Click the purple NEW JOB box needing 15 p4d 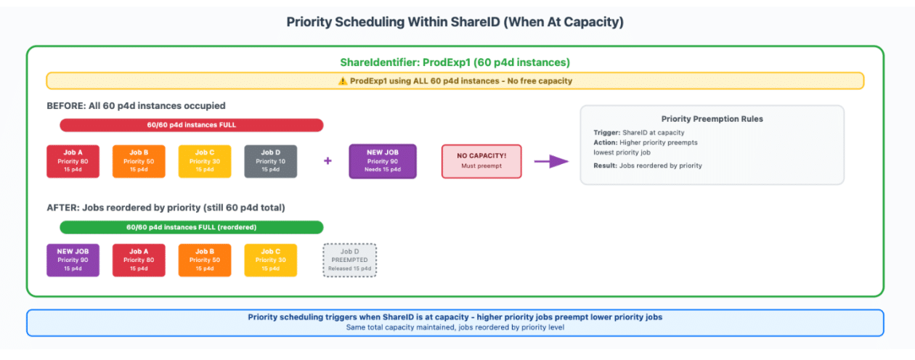(x=382, y=161)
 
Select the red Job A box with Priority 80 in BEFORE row (x=73, y=161)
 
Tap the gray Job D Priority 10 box (x=270, y=161)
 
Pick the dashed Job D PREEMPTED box (x=350, y=260)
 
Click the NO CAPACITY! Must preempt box (x=481, y=161)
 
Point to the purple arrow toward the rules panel (x=551, y=161)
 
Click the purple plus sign (x=328, y=160)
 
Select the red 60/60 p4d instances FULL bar (x=192, y=125)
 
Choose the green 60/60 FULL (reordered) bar (x=192, y=227)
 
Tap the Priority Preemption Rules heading (x=712, y=119)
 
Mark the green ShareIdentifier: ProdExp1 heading (x=455, y=62)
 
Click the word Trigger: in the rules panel (x=606, y=133)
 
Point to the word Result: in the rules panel (x=606, y=166)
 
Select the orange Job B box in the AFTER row (x=205, y=260)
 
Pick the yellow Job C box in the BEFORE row (x=205, y=161)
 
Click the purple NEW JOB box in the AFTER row (x=73, y=260)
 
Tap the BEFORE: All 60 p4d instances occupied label (x=136, y=106)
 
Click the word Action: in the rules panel (x=605, y=142)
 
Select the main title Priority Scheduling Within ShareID (x=455, y=22)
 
